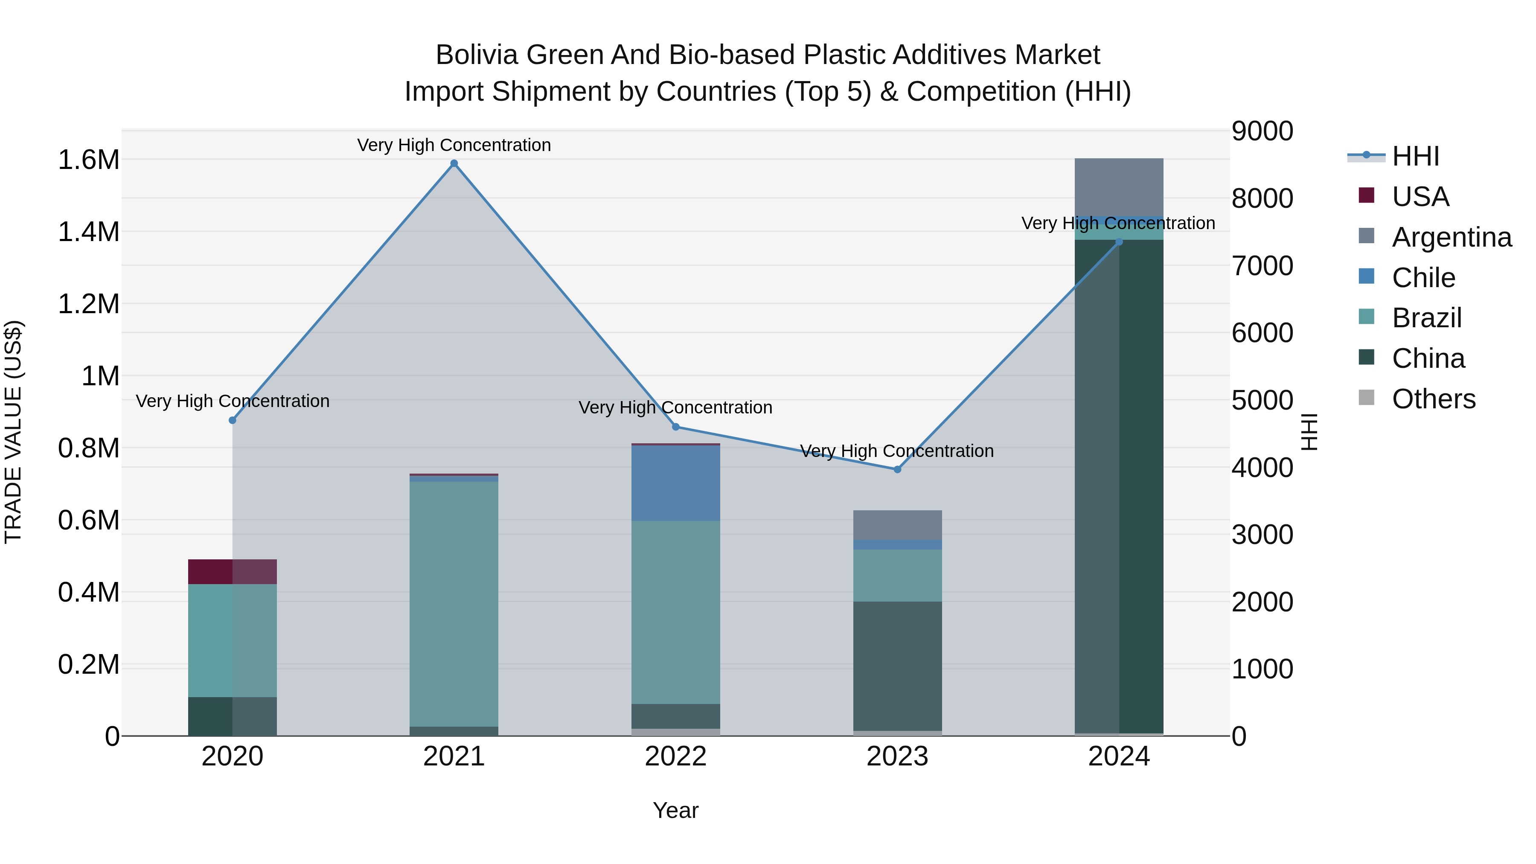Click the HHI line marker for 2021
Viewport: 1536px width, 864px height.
click(454, 163)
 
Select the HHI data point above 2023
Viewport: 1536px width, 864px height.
click(897, 469)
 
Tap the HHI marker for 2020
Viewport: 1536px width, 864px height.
click(233, 420)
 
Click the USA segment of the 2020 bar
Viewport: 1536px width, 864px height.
click(233, 572)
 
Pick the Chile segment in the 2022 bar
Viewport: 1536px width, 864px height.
click(675, 483)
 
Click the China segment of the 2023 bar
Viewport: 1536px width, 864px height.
click(897, 666)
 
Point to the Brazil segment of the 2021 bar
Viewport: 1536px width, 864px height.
click(454, 603)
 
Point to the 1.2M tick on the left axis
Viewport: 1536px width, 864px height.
click(88, 304)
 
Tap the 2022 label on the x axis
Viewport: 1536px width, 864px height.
click(675, 756)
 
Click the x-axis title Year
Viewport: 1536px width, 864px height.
click(675, 810)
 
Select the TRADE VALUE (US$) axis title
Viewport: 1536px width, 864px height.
click(13, 432)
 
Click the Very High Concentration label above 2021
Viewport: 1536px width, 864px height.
click(454, 145)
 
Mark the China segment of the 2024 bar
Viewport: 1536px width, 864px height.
click(1119, 486)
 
